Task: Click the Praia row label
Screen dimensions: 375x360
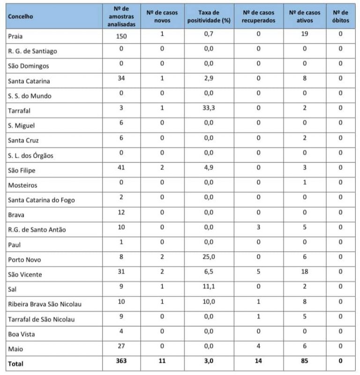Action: [x=15, y=36]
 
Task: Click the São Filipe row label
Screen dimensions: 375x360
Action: [x=22, y=170]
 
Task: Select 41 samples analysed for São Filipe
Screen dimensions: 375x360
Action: [x=121, y=169]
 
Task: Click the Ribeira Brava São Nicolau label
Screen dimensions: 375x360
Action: [x=45, y=304]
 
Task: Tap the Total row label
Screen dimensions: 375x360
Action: [x=15, y=363]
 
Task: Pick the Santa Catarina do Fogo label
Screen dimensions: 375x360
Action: [x=41, y=200]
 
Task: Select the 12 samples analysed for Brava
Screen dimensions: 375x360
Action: [x=121, y=214]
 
